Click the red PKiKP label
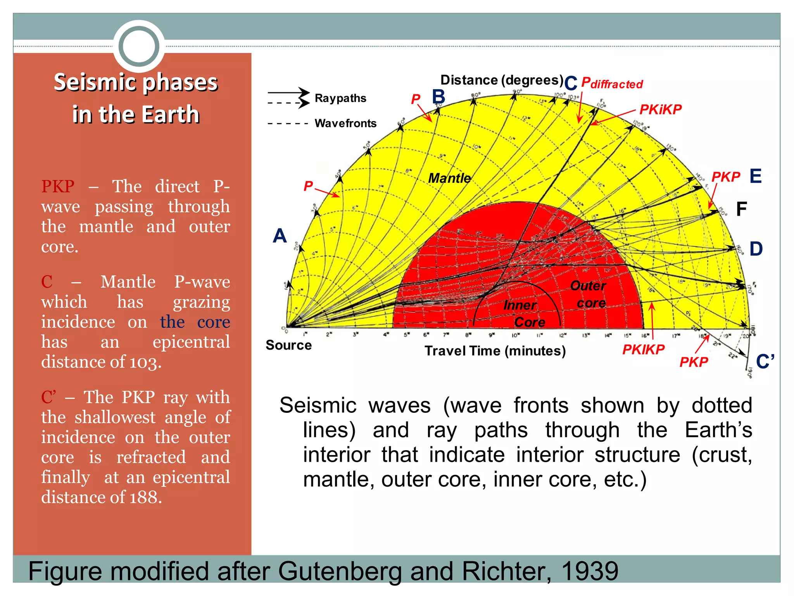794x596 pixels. click(x=660, y=110)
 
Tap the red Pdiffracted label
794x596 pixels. click(x=612, y=83)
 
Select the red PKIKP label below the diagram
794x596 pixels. click(x=643, y=350)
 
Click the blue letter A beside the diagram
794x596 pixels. click(x=280, y=236)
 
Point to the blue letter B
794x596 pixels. click(x=438, y=97)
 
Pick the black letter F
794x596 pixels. click(x=741, y=210)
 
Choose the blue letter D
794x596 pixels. click(x=756, y=249)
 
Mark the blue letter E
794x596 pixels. click(x=756, y=176)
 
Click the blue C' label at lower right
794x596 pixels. click(x=765, y=362)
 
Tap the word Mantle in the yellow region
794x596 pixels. click(x=449, y=178)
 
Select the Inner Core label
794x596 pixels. click(x=524, y=314)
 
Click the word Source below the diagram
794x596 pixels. click(x=288, y=345)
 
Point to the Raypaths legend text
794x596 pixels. click(x=340, y=98)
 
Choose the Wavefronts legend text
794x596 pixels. click(x=345, y=123)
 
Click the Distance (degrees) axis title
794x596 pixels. click(x=502, y=80)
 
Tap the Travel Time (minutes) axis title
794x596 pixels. click(x=495, y=351)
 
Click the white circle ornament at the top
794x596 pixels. click(x=139, y=46)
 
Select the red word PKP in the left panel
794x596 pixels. click(x=58, y=187)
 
